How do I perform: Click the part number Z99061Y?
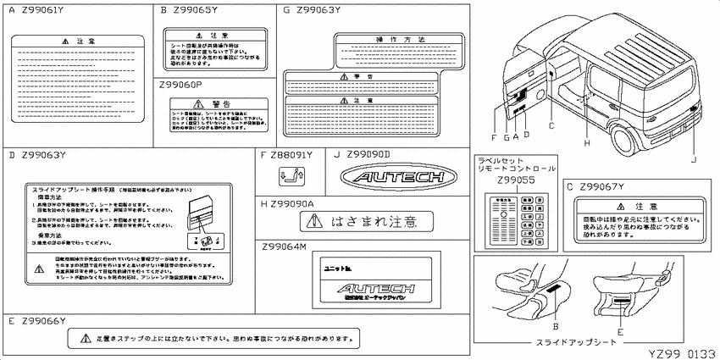point(42,10)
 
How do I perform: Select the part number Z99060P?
point(184,86)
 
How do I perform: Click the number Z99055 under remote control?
point(515,180)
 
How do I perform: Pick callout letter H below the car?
point(585,143)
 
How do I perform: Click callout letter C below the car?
point(551,125)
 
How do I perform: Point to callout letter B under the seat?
point(555,325)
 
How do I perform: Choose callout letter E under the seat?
point(620,333)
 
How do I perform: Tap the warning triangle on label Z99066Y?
point(84,339)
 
